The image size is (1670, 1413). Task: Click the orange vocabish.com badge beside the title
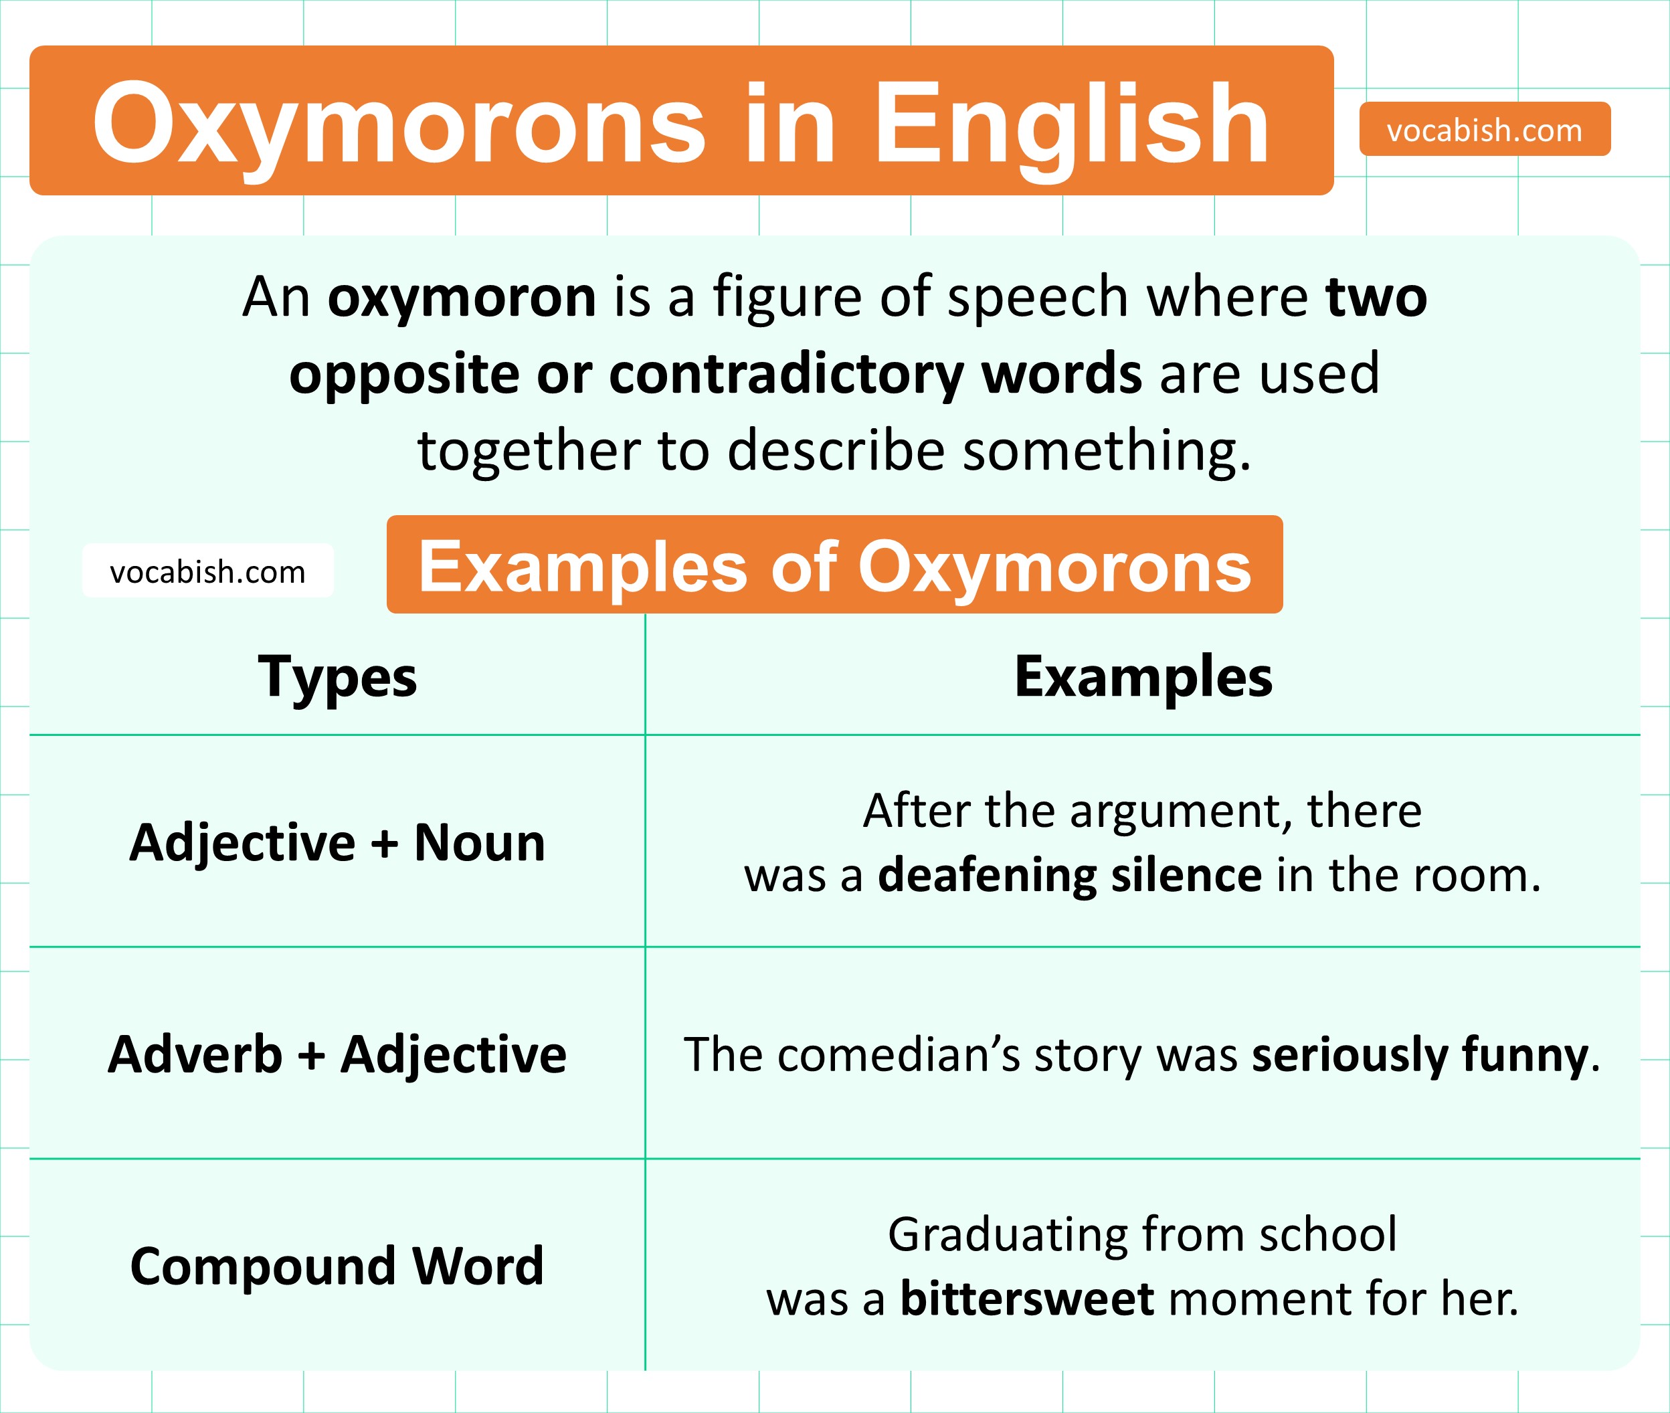coord(1484,130)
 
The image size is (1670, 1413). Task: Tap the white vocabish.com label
coord(207,571)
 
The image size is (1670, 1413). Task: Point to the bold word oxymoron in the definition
coord(462,297)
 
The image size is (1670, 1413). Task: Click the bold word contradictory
coord(785,373)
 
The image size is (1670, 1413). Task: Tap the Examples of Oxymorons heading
coord(834,565)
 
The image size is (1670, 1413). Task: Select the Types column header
coord(337,678)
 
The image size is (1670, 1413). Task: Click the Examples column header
coord(1143,678)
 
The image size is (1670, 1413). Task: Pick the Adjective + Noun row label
coord(337,843)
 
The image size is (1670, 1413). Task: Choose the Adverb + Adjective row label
coord(337,1054)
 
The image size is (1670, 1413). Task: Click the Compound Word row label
coord(337,1266)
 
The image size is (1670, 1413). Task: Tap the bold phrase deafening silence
coord(1070,874)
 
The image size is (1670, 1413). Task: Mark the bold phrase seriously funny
coord(1420,1055)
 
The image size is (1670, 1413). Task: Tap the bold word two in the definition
coord(1376,297)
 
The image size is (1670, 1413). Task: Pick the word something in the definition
coord(1106,450)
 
